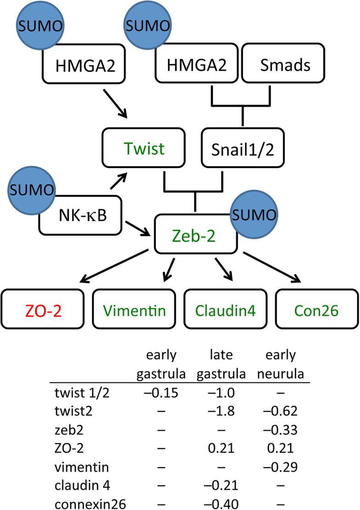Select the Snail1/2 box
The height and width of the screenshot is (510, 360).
[x=243, y=149]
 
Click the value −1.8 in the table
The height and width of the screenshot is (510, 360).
[x=222, y=410]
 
